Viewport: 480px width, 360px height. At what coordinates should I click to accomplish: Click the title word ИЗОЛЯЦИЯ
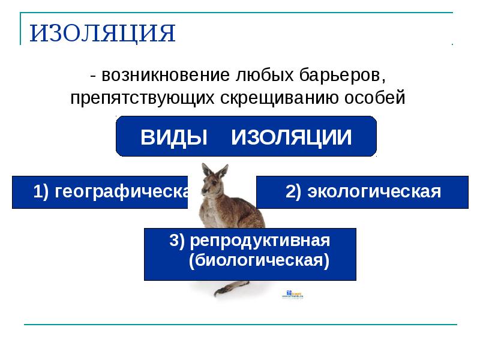103,34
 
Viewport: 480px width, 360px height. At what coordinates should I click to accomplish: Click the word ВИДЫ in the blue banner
173,137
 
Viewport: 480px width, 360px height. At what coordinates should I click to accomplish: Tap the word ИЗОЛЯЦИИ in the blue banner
292,137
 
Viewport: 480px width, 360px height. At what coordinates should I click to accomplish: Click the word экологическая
374,192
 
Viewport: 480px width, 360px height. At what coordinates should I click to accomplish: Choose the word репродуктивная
259,241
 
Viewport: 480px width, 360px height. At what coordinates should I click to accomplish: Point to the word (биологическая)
259,262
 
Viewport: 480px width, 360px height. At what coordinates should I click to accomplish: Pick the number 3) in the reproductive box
176,241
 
